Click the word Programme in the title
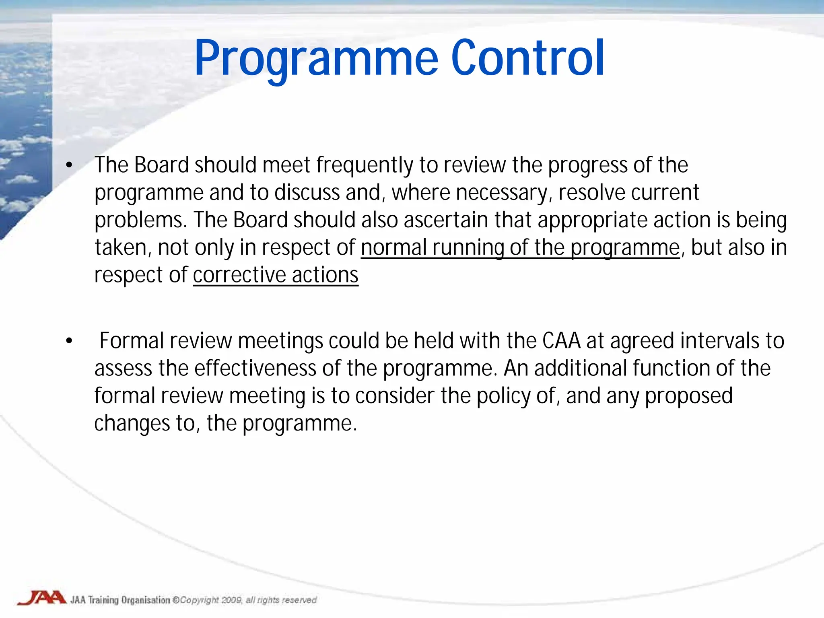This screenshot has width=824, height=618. [x=316, y=58]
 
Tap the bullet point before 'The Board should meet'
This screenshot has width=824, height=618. [x=69, y=165]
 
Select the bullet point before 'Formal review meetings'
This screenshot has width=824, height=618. [x=69, y=341]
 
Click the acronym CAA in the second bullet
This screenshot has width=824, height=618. [x=561, y=341]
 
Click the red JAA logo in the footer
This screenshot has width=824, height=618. [x=41, y=598]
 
